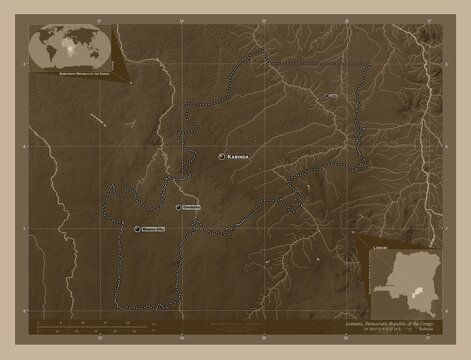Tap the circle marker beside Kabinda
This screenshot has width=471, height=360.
tap(222, 157)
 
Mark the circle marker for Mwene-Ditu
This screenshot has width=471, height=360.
tap(137, 229)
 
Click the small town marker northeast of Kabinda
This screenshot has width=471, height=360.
tap(328, 96)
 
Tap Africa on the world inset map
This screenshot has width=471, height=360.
tap(70, 43)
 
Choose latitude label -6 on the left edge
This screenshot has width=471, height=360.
tap(24, 144)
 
